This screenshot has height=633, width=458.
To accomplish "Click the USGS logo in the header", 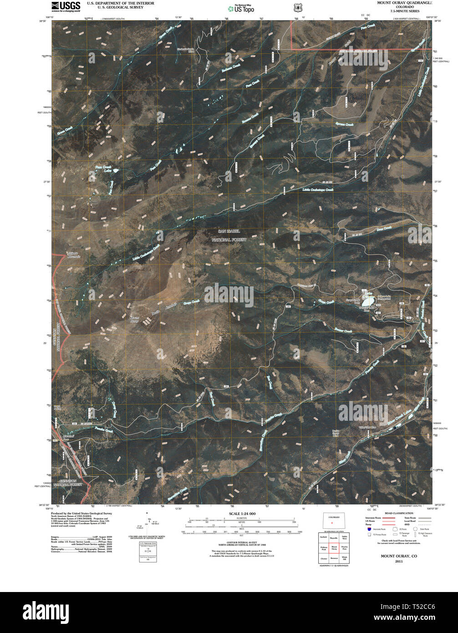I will point(66,6).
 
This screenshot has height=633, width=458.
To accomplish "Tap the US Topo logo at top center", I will point(241,8).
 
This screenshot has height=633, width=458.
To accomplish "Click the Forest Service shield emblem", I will point(297,8).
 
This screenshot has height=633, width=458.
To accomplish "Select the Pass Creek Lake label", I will point(104,168).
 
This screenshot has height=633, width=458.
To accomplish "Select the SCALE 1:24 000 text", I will point(240,514).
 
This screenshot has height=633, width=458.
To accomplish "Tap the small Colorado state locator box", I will point(334,522).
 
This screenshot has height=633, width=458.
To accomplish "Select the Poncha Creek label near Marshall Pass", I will point(102,429).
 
